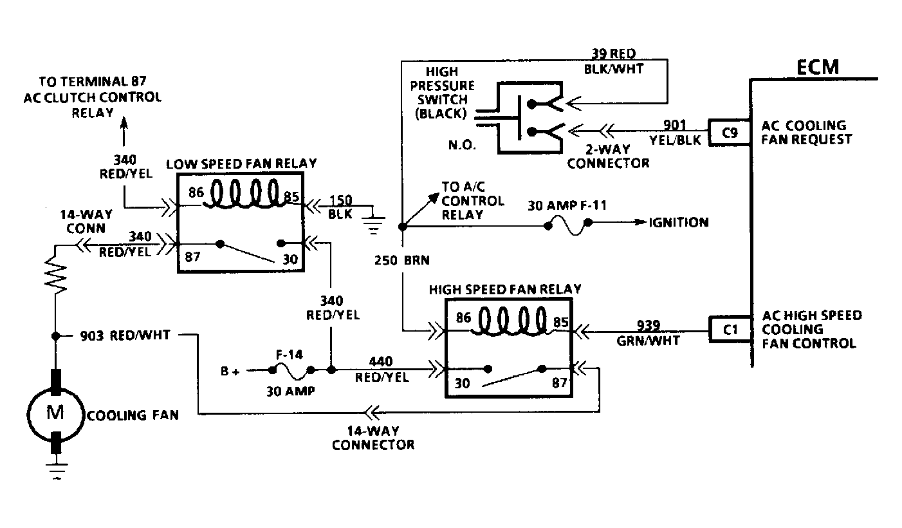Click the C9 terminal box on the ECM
pos(730,132)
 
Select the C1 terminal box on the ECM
pos(730,329)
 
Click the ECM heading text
pos(818,68)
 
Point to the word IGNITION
pos(679,223)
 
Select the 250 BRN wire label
pos(402,260)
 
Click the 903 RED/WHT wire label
pos(125,335)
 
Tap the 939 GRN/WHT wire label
pos(648,334)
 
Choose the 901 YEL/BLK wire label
pos(675,133)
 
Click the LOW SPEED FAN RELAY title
pos(241,164)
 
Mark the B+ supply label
pos(230,372)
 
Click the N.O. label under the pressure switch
pos(463,145)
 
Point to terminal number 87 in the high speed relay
pos(559,382)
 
